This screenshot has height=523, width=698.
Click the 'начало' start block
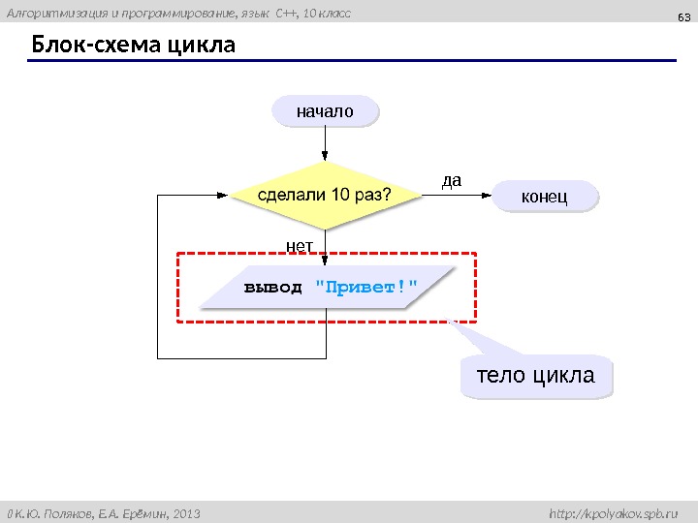[326, 111]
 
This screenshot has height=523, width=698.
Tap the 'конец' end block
[545, 197]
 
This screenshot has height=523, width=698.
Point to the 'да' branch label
[452, 180]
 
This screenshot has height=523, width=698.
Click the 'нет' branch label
[299, 235]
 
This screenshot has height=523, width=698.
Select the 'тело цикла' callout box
[537, 375]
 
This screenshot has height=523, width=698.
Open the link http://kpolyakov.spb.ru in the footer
[614, 511]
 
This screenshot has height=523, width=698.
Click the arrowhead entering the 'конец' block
[489, 195]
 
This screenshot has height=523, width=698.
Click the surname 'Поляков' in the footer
[62, 511]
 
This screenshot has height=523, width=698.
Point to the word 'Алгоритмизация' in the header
[51, 13]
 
